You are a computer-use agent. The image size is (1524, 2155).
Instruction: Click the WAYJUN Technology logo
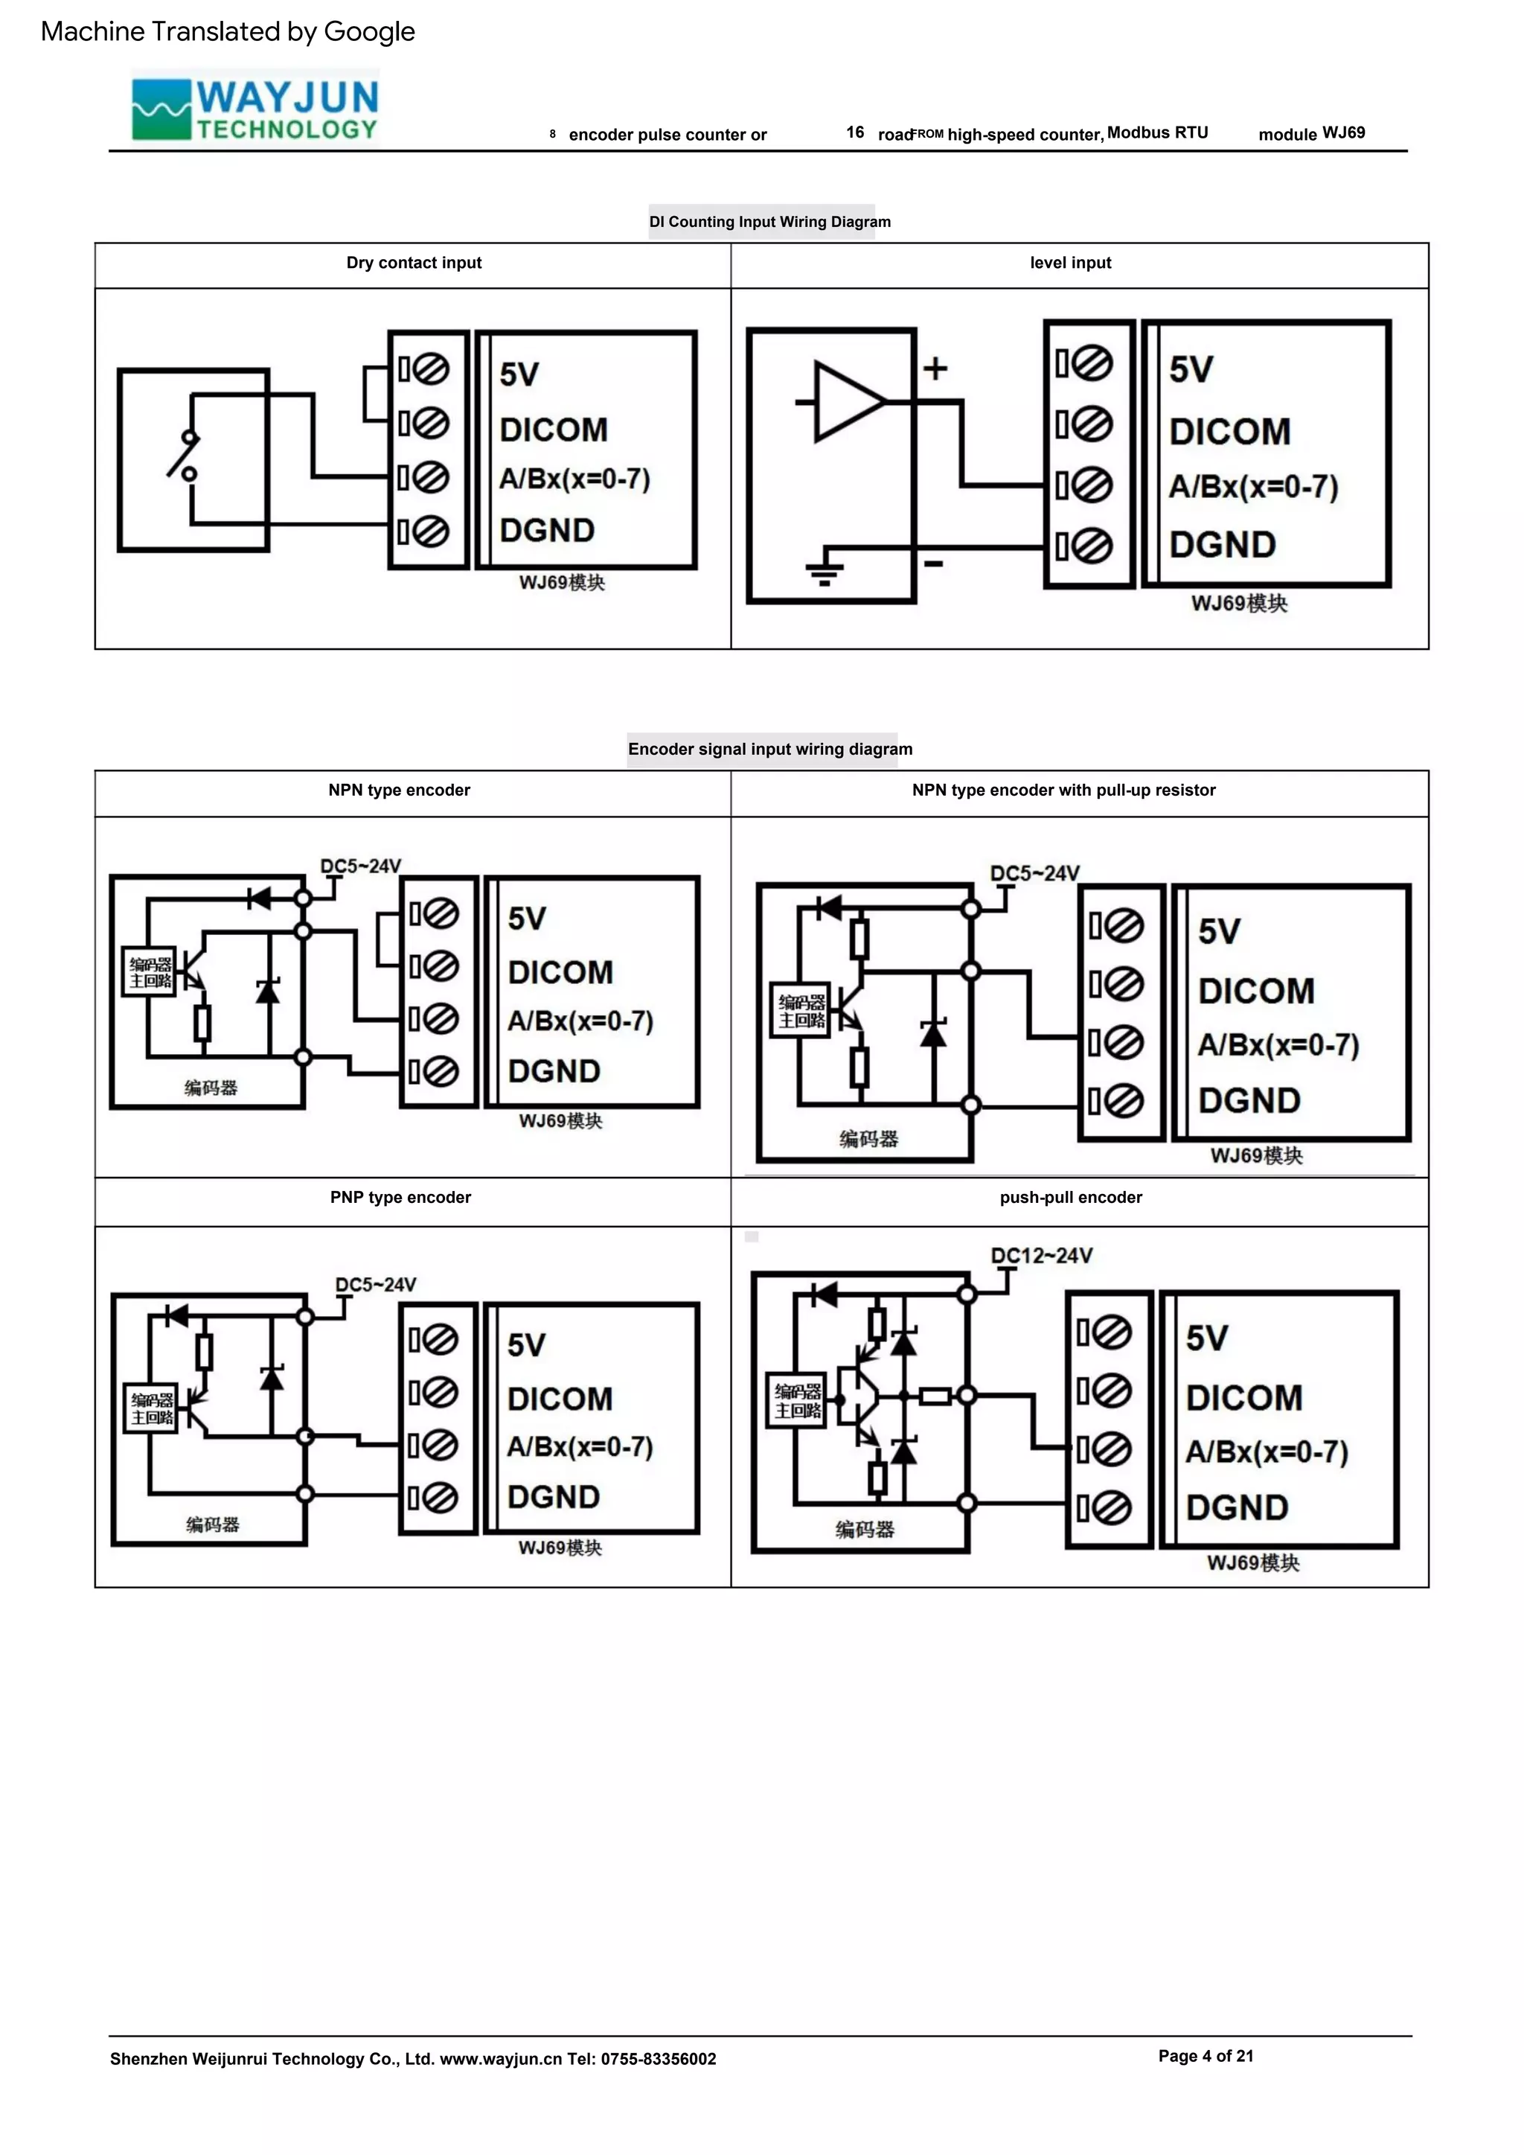[255, 109]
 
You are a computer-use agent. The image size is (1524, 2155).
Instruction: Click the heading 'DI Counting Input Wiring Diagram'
[769, 223]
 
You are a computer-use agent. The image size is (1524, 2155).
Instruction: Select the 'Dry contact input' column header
[414, 263]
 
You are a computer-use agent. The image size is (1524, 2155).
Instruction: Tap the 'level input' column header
[1070, 263]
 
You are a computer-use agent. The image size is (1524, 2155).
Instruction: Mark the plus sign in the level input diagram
[935, 368]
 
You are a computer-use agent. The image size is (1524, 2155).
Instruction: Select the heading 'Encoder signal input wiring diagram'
[769, 749]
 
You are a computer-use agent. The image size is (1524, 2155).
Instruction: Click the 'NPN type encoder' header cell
[399, 791]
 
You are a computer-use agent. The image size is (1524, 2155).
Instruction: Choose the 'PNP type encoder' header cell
[400, 1198]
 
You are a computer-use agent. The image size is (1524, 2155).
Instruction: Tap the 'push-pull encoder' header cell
[1071, 1198]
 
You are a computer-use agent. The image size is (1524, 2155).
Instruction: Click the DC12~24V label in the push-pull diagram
[1042, 1256]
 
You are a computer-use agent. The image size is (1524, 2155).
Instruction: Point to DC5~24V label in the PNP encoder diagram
[375, 1284]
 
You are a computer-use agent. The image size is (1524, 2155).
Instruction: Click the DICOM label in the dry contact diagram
[554, 430]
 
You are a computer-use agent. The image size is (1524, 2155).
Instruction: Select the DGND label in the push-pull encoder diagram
[1237, 1507]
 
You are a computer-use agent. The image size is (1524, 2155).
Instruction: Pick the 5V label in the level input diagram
[1191, 370]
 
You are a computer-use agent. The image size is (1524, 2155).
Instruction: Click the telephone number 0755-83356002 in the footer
[658, 2058]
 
